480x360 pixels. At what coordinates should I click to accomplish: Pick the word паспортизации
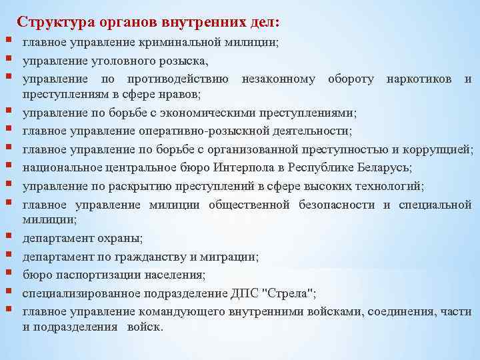[99, 274]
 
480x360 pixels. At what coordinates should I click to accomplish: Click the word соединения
[374, 311]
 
